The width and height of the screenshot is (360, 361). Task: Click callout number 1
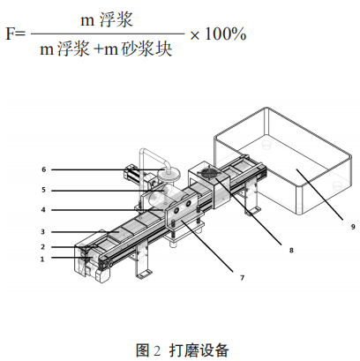click(x=42, y=259)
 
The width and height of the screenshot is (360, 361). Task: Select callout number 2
click(x=43, y=247)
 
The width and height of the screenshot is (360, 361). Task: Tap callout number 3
click(x=43, y=232)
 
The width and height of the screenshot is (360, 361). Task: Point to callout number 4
click(x=43, y=210)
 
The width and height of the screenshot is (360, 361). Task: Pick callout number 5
click(x=43, y=190)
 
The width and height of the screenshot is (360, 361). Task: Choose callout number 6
click(x=44, y=169)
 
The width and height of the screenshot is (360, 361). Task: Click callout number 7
click(x=242, y=277)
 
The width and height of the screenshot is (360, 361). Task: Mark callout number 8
click(x=291, y=250)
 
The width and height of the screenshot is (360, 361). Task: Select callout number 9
click(x=353, y=227)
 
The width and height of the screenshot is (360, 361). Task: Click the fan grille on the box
click(x=209, y=173)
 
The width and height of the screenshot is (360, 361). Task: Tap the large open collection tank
click(x=283, y=161)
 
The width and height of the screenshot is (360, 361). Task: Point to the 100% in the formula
click(x=225, y=34)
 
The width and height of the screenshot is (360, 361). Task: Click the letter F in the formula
click(x=10, y=34)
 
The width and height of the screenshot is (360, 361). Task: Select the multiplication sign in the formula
click(x=194, y=35)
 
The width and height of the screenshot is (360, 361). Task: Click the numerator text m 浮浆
click(x=107, y=20)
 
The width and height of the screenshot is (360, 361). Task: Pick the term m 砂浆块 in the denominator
click(x=139, y=49)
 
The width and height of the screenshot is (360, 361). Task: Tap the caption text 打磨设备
click(x=199, y=350)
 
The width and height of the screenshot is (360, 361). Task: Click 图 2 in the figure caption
click(x=148, y=350)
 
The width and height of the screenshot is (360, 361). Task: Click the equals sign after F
click(x=19, y=34)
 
